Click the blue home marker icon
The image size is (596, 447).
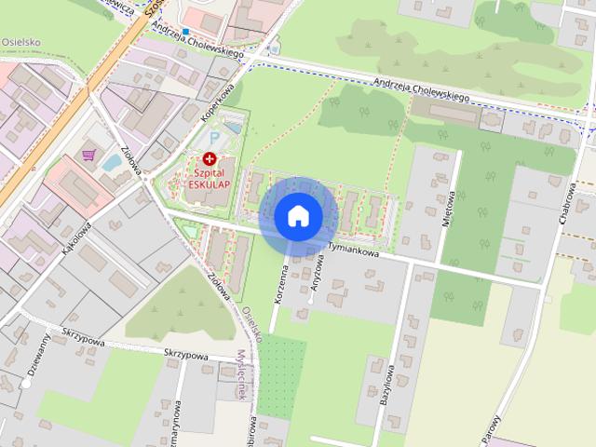pyautogui.click(x=298, y=216)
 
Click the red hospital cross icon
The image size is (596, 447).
pyautogui.click(x=209, y=159)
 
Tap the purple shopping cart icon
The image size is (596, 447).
pyautogui.click(x=88, y=155)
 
